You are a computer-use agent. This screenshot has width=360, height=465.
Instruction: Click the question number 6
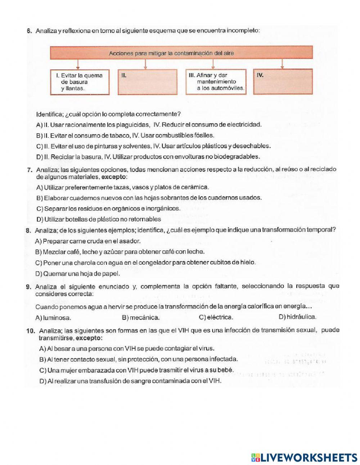tap(30, 31)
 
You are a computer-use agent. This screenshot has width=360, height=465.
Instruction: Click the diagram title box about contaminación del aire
tap(181, 53)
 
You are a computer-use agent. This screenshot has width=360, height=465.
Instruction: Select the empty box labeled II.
tap(148, 82)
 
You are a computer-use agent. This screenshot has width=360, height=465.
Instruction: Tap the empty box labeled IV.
tap(283, 82)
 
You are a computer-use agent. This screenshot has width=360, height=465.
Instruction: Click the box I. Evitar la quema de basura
tap(80, 82)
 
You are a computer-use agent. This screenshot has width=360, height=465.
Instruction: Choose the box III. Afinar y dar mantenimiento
tap(216, 82)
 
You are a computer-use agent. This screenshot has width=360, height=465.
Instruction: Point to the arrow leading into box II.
tap(145, 64)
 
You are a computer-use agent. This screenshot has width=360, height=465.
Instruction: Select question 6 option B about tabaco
tap(125, 136)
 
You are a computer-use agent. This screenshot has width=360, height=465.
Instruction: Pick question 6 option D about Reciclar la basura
tap(148, 157)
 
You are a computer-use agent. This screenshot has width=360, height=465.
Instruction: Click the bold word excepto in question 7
tap(114, 177)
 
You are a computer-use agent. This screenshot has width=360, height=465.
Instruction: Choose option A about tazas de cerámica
tap(122, 187)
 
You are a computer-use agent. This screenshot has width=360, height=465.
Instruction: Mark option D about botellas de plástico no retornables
tap(99, 219)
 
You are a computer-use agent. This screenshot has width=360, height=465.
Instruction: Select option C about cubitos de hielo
tap(145, 263)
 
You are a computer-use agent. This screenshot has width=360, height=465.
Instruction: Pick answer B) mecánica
tap(141, 318)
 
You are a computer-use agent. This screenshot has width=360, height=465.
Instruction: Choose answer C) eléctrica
tap(216, 317)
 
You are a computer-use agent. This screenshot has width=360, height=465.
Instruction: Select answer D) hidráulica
tap(297, 317)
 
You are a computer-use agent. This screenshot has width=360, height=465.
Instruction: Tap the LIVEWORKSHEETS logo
tap(304, 457)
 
